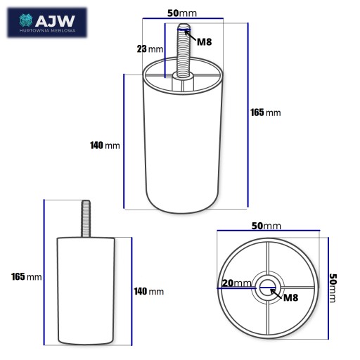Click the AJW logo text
coord(55,21)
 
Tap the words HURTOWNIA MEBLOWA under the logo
coord(48,31)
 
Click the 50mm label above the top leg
coord(182,13)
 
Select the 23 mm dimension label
coord(150,49)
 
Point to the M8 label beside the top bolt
coord(205,42)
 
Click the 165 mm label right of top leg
coord(266,112)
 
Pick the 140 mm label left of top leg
coord(105,146)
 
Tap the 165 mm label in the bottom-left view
coord(27,277)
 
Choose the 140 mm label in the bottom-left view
coord(149,292)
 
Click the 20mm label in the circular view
coord(236,283)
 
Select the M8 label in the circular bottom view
coord(291,297)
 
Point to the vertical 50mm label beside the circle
coord(333,288)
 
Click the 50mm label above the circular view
coord(266,226)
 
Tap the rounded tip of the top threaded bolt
coord(184,26)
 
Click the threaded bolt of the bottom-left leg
coord(86,219)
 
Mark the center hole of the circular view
coord(267,288)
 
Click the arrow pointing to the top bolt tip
coord(191,36)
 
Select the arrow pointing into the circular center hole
coord(276,294)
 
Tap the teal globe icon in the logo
coord(26,20)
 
